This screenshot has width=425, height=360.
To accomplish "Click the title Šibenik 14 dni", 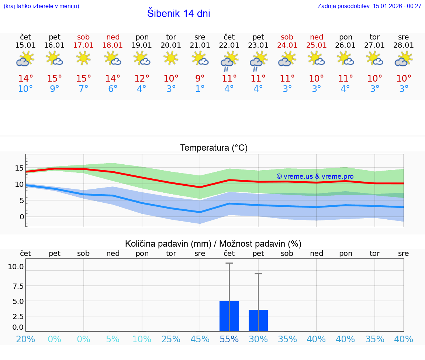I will [x=179, y=14].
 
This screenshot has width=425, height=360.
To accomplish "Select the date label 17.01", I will [x=83, y=45].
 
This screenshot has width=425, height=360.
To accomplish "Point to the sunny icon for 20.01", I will [x=171, y=58].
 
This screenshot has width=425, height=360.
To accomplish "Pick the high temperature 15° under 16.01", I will [x=55, y=79].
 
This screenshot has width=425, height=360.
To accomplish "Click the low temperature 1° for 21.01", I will [x=200, y=89].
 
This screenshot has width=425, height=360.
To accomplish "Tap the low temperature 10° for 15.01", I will [x=25, y=89].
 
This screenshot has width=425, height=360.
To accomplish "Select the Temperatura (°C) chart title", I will [x=214, y=148].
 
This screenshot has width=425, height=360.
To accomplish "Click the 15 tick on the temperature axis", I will [x=19, y=168].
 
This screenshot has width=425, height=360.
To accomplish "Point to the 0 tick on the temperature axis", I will [x=21, y=217].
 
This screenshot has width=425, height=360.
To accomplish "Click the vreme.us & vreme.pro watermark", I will [x=315, y=176].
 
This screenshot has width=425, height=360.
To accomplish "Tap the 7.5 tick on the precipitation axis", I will [x=16, y=286].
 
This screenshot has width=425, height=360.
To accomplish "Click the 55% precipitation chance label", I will [x=229, y=339].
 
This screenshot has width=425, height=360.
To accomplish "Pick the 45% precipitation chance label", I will [x=200, y=339].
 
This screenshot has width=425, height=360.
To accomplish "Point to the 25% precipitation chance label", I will [x=171, y=339].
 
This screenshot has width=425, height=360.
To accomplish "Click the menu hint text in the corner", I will [x=41, y=6].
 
